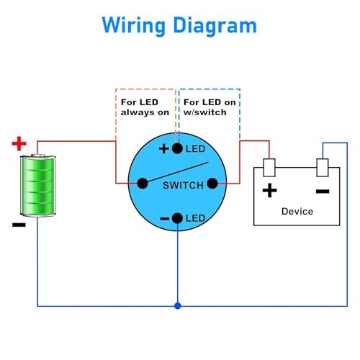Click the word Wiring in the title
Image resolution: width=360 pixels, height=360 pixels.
[134, 26]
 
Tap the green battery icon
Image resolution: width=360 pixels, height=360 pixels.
[38, 186]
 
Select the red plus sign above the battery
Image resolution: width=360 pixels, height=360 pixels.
[19, 143]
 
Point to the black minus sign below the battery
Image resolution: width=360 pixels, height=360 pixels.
[19, 225]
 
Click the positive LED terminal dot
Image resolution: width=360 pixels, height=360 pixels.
[177, 148]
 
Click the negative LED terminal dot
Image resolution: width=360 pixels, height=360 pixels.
[177, 218]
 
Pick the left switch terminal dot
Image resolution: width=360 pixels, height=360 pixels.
[143, 184]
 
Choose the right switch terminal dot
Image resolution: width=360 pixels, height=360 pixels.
[212, 184]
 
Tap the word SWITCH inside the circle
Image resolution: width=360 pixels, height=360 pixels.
[183, 185]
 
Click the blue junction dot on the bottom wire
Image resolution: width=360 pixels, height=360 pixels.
[178, 306]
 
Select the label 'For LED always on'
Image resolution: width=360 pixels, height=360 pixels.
[145, 107]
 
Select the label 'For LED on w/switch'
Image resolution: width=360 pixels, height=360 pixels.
[210, 107]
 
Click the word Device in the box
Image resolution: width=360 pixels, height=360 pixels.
[297, 211]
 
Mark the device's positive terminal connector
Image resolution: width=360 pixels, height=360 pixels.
[269, 168]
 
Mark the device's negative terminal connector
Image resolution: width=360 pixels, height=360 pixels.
[323, 168]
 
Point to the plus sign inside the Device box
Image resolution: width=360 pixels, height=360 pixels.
[270, 191]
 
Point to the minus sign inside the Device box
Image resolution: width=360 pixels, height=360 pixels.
[323, 191]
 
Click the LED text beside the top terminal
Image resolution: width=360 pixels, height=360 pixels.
[195, 149]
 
